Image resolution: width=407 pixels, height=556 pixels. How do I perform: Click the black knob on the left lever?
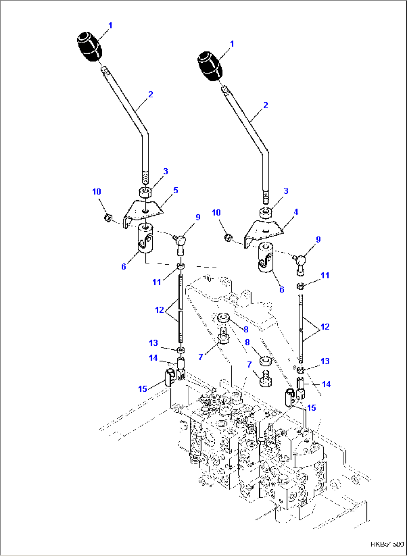[x=89, y=47]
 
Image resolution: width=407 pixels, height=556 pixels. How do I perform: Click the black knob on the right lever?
[x=209, y=66]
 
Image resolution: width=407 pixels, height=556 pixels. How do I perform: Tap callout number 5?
[x=175, y=190]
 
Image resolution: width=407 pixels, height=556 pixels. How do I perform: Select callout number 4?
[x=296, y=212]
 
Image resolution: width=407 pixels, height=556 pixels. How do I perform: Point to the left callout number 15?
[x=143, y=389]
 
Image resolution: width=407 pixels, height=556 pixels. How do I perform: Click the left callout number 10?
[x=96, y=191]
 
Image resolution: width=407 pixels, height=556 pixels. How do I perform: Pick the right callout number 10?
[x=216, y=212]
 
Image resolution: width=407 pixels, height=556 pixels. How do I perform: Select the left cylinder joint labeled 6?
[x=145, y=238]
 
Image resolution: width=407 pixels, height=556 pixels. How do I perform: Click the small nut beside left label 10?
[x=108, y=217]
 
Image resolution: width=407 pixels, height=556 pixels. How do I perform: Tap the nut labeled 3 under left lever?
[x=145, y=192]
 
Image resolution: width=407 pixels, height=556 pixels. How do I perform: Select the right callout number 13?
[x=325, y=361]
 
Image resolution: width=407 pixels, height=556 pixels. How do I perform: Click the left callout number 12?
[x=159, y=310]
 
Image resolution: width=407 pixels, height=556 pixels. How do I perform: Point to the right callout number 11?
[x=325, y=275]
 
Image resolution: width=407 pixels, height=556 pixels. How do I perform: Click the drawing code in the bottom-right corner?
[x=387, y=544]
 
